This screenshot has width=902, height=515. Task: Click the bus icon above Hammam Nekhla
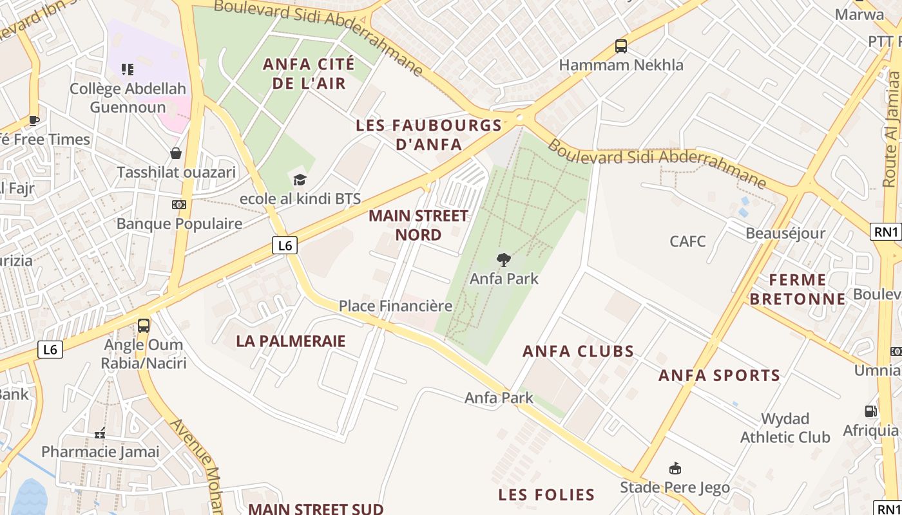(621, 46)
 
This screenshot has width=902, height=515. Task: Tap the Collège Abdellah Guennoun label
(128, 97)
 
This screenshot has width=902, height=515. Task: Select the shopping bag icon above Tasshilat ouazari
(175, 153)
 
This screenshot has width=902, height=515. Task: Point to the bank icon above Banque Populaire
(178, 205)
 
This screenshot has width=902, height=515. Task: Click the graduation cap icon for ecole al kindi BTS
(300, 180)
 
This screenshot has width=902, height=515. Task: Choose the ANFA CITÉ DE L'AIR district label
(309, 73)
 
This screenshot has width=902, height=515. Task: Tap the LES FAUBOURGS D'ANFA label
(428, 135)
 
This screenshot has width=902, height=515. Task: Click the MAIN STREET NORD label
(418, 225)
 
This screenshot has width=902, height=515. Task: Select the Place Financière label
(396, 306)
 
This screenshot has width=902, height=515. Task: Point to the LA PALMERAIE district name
(291, 341)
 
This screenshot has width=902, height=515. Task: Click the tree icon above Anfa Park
(504, 260)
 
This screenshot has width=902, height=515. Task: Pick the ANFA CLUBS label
(578, 351)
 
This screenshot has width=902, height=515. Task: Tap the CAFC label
(687, 241)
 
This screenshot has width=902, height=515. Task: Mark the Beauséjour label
(785, 233)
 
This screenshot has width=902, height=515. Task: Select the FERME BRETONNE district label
(798, 289)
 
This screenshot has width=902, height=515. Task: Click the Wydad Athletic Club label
(785, 428)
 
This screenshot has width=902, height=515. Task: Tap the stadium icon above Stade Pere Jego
(675, 468)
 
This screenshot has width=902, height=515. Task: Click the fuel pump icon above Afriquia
(870, 411)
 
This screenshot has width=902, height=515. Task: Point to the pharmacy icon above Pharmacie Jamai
(100, 433)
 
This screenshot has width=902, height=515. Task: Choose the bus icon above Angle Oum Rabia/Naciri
(144, 326)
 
